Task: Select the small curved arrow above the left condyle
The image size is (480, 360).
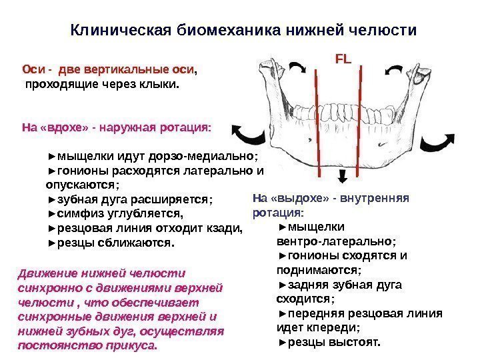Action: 298,67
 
